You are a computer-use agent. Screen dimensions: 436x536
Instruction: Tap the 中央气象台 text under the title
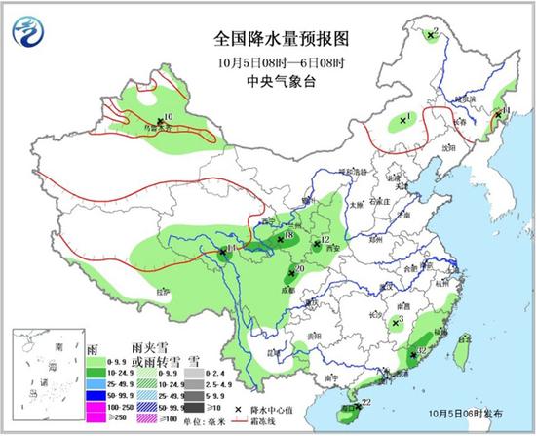279,81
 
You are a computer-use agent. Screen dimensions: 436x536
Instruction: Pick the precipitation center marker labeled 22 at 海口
356,404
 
